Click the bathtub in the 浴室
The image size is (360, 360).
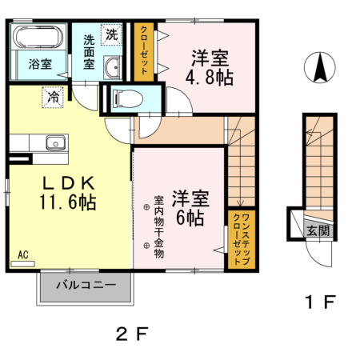point(38,37)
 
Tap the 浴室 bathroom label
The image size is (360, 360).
point(40,64)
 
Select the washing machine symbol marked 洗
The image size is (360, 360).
point(111,34)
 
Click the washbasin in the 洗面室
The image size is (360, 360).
point(113,67)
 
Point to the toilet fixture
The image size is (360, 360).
point(127,98)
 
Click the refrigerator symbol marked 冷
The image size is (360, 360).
point(53,98)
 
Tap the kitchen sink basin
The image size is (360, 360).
point(56,142)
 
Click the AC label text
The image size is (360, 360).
point(23,255)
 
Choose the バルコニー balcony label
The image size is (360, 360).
point(86,285)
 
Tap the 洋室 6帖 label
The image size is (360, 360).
point(190,208)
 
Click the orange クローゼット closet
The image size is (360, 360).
point(144,52)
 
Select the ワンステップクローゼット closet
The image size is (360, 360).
point(242,239)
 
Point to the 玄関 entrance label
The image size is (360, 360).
point(318,230)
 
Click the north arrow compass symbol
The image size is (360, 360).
point(320,67)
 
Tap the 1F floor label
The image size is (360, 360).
point(320,302)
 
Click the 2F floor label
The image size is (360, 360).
point(132,334)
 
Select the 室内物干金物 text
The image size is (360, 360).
point(158,227)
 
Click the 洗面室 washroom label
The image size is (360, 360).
point(89,52)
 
